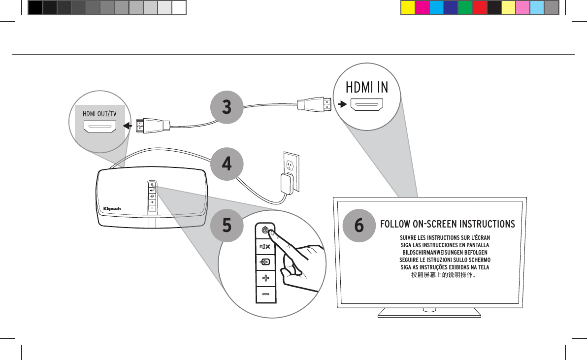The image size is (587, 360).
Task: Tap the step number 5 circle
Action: click(x=227, y=225)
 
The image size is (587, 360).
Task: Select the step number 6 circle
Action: click(x=359, y=225)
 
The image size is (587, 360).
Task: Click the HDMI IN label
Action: click(x=367, y=87)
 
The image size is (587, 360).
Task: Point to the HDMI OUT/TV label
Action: click(x=99, y=113)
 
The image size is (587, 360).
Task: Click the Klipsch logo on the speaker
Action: click(x=112, y=208)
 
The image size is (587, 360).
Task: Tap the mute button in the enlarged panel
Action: click(x=265, y=246)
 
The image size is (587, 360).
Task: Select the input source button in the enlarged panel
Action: click(x=265, y=262)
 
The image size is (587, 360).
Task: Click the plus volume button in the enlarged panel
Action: click(x=266, y=278)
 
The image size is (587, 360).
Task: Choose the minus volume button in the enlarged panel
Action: click(x=266, y=294)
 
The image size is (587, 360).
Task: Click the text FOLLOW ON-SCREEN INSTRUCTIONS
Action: click(x=447, y=225)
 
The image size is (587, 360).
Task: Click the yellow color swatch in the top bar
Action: click(x=407, y=8)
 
